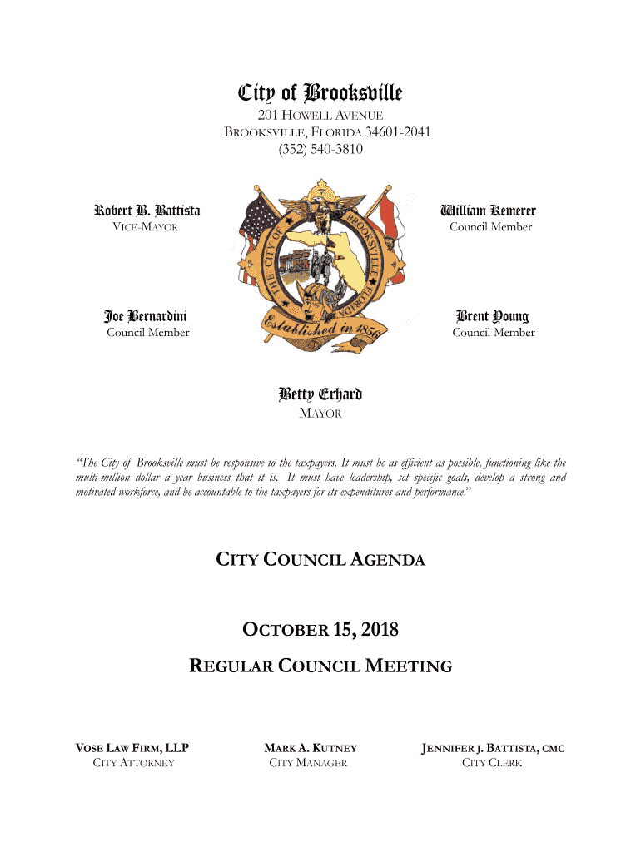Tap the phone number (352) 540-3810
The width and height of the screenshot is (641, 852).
320,150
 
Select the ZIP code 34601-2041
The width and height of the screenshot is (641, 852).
395,133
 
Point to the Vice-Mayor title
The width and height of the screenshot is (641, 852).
147,227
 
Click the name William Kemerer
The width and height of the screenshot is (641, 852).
490,211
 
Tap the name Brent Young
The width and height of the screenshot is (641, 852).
492,316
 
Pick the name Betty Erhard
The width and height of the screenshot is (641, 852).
320,394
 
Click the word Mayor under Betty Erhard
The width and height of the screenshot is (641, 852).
320,414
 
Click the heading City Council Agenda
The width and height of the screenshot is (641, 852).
320,560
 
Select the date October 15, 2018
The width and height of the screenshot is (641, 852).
320,631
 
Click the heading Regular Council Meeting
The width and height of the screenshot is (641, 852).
320,666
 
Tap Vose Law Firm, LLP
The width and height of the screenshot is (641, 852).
133,748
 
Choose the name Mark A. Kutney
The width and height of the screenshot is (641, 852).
310,748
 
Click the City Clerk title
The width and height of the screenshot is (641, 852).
492,763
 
